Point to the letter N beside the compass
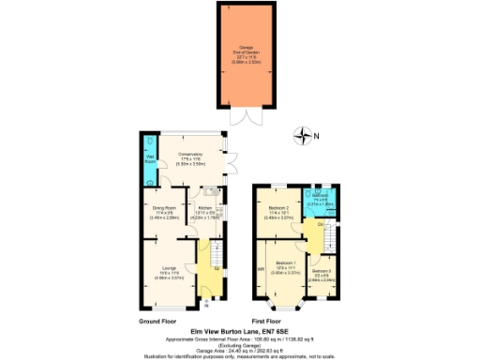tap(316, 138)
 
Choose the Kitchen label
tap(206, 213)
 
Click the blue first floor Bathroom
tap(322, 198)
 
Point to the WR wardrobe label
tap(261, 272)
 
